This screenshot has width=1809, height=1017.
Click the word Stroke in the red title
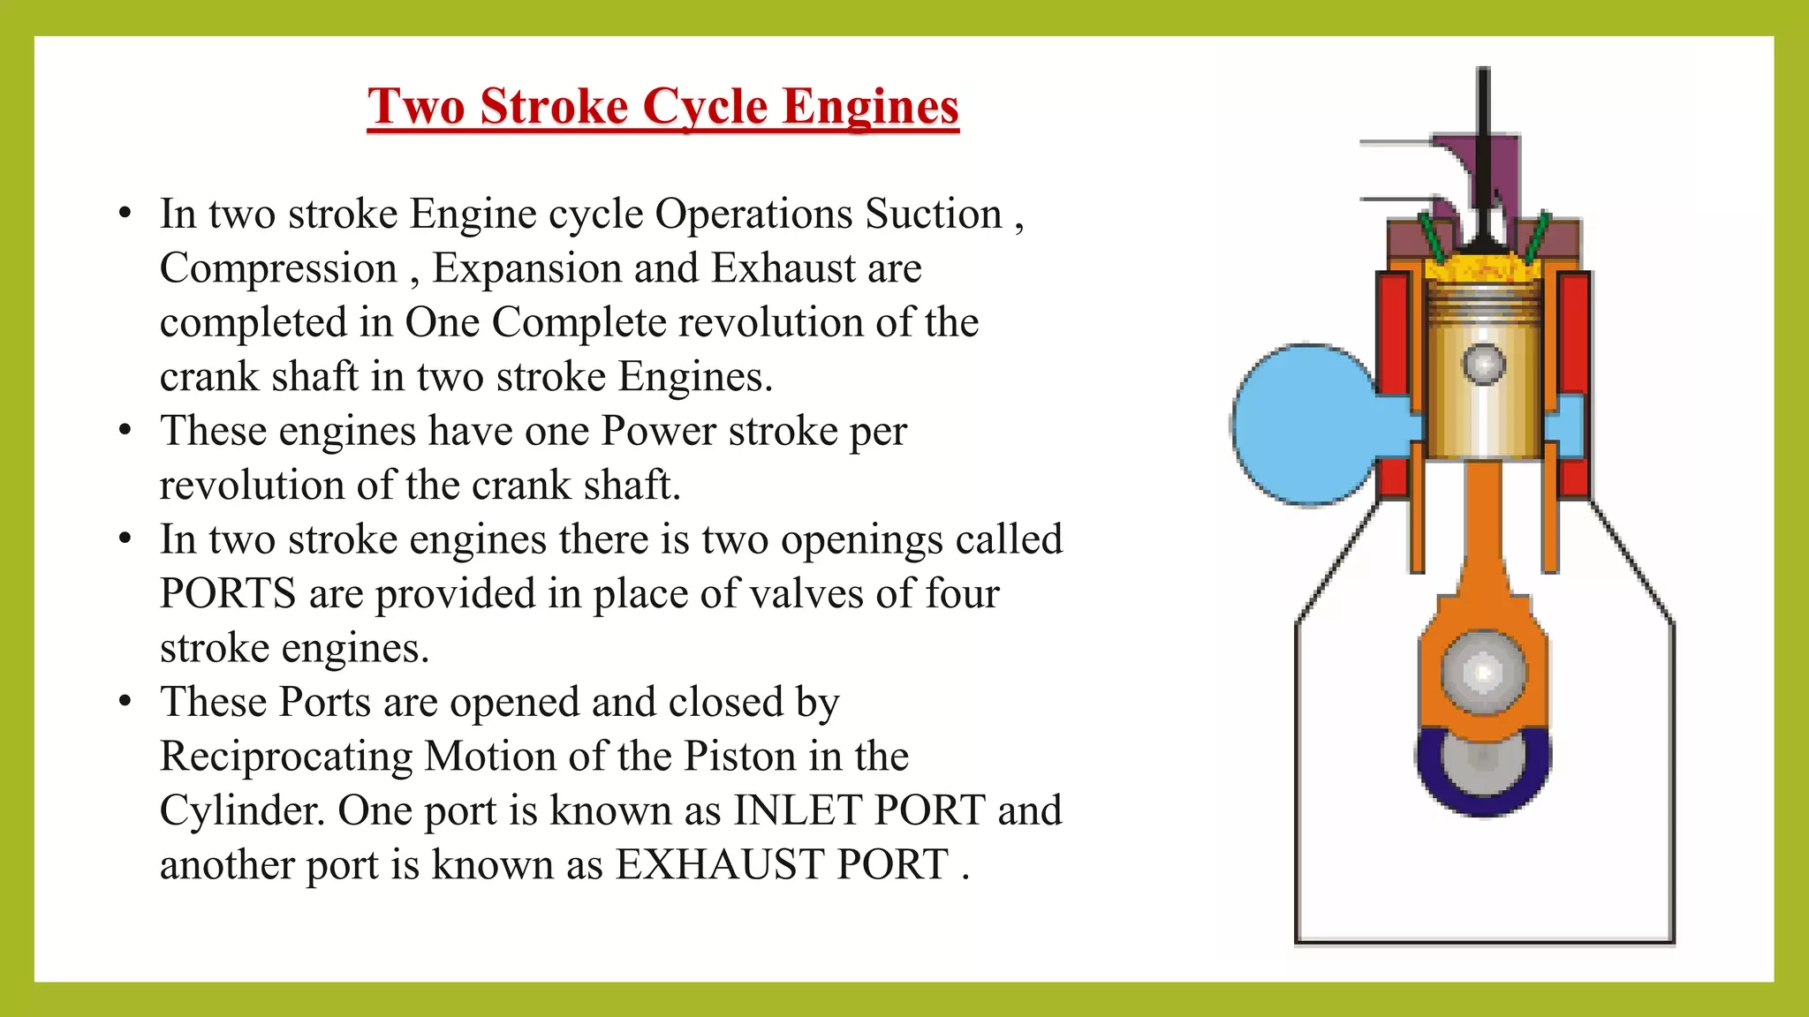(553, 107)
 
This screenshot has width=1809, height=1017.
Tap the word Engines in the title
(870, 107)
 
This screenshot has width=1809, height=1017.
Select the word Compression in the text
(278, 268)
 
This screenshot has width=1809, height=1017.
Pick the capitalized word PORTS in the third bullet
(227, 594)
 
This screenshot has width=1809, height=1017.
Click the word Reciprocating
(285, 757)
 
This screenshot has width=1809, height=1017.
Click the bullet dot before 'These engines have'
(125, 431)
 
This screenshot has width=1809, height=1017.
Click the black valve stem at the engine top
(1484, 132)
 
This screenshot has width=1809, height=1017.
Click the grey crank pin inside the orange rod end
(1484, 673)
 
